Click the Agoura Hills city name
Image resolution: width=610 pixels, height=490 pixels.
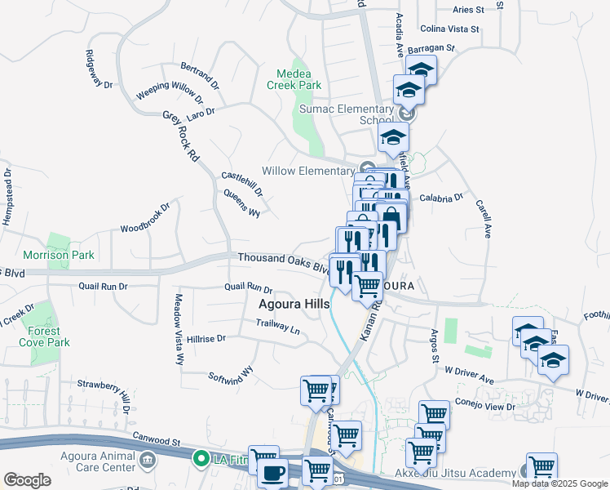[294, 304]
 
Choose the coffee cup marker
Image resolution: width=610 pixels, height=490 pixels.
[272, 472]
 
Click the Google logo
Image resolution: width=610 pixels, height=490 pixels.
[27, 480]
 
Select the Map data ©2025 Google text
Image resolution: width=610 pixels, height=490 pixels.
[560, 483]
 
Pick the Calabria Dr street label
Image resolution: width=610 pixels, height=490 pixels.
[441, 198]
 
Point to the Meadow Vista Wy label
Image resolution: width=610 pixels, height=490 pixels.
[178, 329]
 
